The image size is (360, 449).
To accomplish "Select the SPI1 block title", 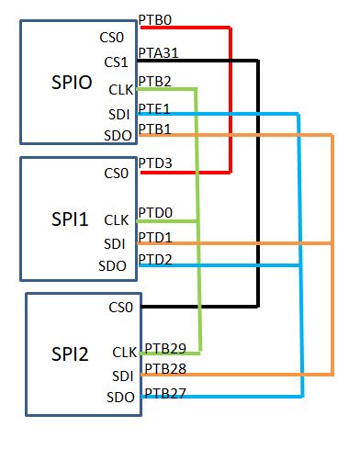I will (x=69, y=221).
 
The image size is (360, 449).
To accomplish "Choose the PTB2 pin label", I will (x=153, y=82).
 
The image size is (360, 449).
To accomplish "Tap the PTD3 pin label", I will (x=154, y=163).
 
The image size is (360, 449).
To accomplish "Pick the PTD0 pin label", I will (x=154, y=213).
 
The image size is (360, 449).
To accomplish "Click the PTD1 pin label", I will (x=154, y=237).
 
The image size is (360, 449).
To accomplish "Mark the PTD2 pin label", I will (x=154, y=259).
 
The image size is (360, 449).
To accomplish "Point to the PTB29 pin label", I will (x=163, y=348).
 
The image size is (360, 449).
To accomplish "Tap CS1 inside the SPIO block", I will (x=116, y=62).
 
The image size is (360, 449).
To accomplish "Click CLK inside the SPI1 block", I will (x=116, y=220).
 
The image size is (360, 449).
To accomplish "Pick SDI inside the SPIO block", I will (x=118, y=114).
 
